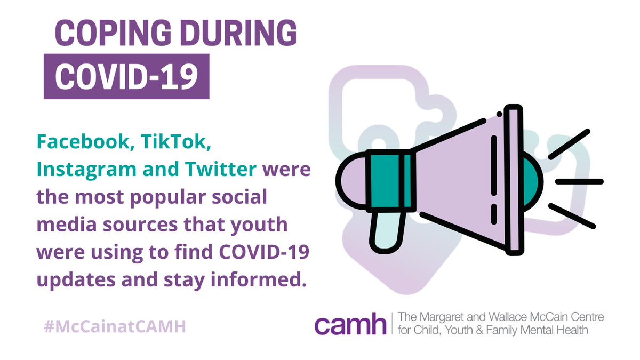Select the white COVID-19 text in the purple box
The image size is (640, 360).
tap(126, 76)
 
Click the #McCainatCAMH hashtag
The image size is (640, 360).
tap(114, 326)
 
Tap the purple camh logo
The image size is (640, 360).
tap(350, 324)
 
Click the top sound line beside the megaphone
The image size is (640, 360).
tap(570, 144)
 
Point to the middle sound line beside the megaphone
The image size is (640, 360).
tap(579, 181)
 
